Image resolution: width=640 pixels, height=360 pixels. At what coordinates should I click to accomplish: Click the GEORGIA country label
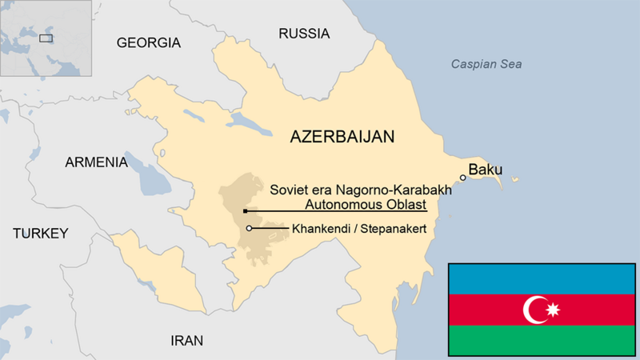pyautogui.click(x=149, y=42)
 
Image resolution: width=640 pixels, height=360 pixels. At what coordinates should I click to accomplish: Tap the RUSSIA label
pyautogui.click(x=303, y=34)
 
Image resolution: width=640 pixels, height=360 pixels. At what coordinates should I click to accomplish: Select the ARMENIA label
pyautogui.click(x=96, y=162)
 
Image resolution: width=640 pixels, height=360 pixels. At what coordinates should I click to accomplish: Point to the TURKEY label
pyautogui.click(x=40, y=234)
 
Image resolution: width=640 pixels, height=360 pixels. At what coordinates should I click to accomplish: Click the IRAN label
pyautogui.click(x=186, y=340)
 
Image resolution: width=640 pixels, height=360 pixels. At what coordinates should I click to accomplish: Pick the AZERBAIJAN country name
pyautogui.click(x=342, y=137)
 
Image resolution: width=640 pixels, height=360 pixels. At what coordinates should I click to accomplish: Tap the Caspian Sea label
pyautogui.click(x=486, y=64)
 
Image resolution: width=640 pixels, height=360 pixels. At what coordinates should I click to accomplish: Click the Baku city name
pyautogui.click(x=485, y=170)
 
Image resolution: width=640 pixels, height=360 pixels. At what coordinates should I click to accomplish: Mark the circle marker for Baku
pyautogui.click(x=462, y=178)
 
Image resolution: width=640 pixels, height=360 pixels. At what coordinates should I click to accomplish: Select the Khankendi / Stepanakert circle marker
pyautogui.click(x=250, y=229)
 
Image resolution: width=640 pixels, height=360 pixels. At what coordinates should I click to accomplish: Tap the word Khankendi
pyautogui.click(x=318, y=229)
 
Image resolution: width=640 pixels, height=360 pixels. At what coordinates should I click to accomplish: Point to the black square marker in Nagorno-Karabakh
pyautogui.click(x=245, y=211)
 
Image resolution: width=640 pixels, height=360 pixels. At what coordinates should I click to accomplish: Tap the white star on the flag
pyautogui.click(x=551, y=310)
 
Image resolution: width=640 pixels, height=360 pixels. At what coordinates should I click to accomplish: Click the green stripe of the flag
pyautogui.click(x=542, y=340)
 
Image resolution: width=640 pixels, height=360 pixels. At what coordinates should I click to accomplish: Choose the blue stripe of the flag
pyautogui.click(x=542, y=278)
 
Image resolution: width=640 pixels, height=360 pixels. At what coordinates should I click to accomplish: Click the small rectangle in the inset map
pyautogui.click(x=46, y=37)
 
